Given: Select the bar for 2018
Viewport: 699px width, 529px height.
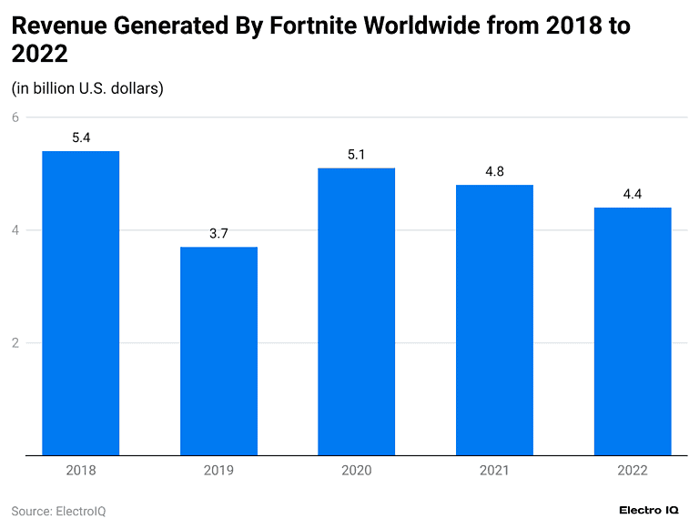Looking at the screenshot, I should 81,303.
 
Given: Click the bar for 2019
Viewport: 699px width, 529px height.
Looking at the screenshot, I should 218,351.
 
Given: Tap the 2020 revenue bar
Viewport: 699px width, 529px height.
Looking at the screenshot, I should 356,311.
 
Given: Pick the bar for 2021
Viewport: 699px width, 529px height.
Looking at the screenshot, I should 494,320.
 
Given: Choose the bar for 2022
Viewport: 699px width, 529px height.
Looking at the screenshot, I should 632,331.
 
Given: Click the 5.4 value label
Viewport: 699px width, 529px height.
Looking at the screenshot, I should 81,138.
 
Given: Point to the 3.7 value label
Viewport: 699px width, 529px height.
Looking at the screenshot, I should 218,234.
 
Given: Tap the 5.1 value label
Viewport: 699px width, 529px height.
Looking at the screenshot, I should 356,156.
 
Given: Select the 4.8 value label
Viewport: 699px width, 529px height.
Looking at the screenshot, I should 494,172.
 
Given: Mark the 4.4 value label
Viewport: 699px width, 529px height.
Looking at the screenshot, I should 632,195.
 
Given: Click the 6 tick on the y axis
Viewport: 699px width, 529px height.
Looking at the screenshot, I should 15,117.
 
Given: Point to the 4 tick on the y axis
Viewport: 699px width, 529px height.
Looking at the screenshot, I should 15,230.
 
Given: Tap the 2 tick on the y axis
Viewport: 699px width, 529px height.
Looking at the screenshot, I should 15,343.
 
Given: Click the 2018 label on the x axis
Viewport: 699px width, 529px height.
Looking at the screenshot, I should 81,471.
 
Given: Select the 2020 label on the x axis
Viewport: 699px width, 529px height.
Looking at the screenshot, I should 356,471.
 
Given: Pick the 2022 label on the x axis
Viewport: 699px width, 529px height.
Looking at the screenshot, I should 632,471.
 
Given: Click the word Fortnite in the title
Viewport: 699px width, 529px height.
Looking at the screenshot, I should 312,25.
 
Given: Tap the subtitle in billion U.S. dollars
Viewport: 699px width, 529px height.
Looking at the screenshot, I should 87,88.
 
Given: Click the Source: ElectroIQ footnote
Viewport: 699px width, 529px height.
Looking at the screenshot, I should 58,511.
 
